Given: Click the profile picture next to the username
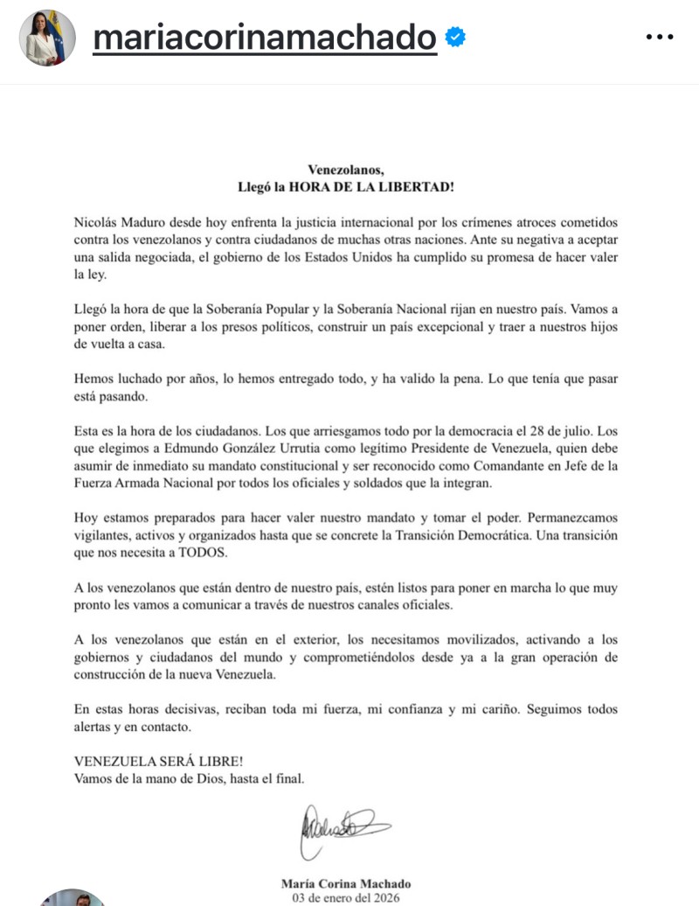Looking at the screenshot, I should pyautogui.click(x=47, y=38).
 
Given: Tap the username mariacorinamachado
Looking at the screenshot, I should pyautogui.click(x=264, y=38).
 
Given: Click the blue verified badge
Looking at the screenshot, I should pyautogui.click(x=456, y=37).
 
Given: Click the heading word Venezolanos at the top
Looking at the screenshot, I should pyautogui.click(x=346, y=170).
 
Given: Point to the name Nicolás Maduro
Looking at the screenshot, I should pyautogui.click(x=118, y=225).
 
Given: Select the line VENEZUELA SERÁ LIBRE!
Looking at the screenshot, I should pyautogui.click(x=147, y=761).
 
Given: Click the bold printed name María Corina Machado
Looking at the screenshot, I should pyautogui.click(x=346, y=883).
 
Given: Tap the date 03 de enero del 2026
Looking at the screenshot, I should pyautogui.click(x=346, y=898).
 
